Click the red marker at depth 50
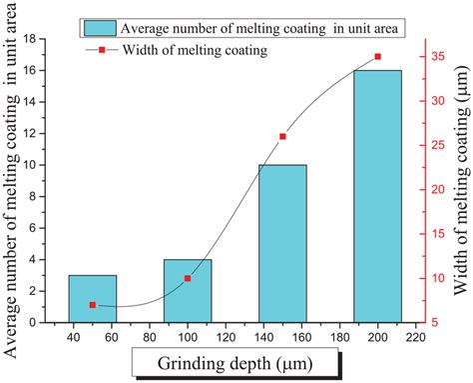click(93, 305)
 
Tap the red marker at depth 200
click(377, 57)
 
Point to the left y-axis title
click(16, 180)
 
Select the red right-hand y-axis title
click(460, 180)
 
